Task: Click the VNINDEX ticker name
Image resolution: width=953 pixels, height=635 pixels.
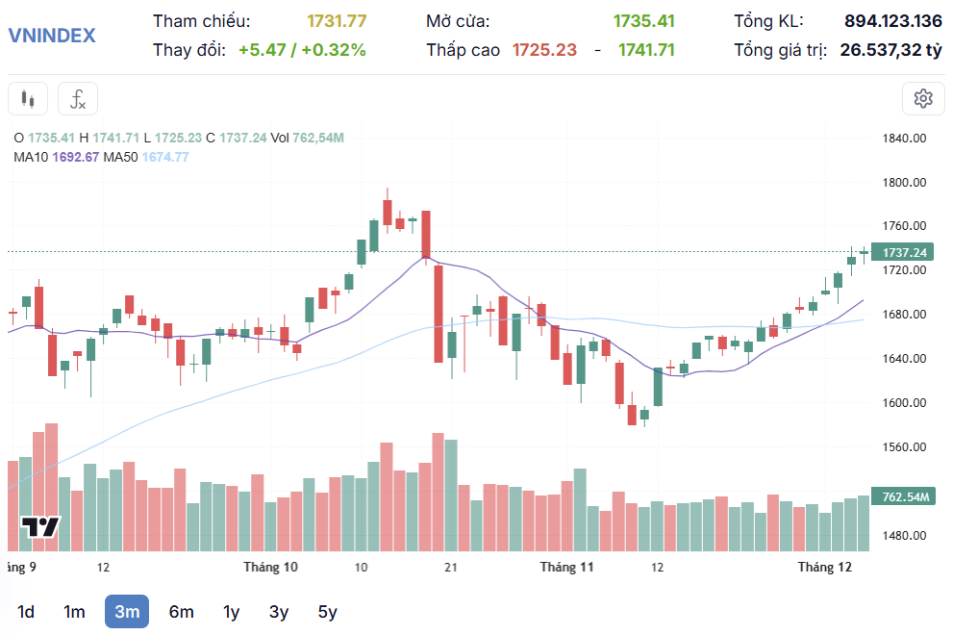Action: click(52, 36)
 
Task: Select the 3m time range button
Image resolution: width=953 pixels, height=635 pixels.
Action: click(127, 612)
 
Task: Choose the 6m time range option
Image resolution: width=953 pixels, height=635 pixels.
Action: click(181, 612)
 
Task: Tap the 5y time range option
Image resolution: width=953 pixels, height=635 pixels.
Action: click(328, 612)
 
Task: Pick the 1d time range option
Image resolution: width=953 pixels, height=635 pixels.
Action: click(26, 612)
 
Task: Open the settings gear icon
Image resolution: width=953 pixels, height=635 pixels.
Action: click(923, 98)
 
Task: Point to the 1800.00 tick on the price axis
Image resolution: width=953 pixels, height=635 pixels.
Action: click(904, 183)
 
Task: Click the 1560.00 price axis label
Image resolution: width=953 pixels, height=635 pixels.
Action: click(904, 447)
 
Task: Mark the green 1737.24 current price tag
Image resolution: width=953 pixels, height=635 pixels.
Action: click(903, 252)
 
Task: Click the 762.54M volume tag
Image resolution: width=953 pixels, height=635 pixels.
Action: click(903, 497)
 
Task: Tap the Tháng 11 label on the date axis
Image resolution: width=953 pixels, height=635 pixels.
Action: click(566, 567)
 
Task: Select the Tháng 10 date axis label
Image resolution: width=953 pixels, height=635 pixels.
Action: click(270, 567)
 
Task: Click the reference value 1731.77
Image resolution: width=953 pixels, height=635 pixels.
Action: click(337, 21)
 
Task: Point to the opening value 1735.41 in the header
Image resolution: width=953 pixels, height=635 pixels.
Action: click(644, 21)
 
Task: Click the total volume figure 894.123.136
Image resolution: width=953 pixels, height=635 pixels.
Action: click(893, 21)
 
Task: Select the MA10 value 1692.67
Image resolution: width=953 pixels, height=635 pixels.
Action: click(78, 157)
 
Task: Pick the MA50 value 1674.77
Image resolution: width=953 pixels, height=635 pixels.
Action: click(165, 157)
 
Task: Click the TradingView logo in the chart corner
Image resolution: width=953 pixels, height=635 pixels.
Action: click(40, 526)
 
